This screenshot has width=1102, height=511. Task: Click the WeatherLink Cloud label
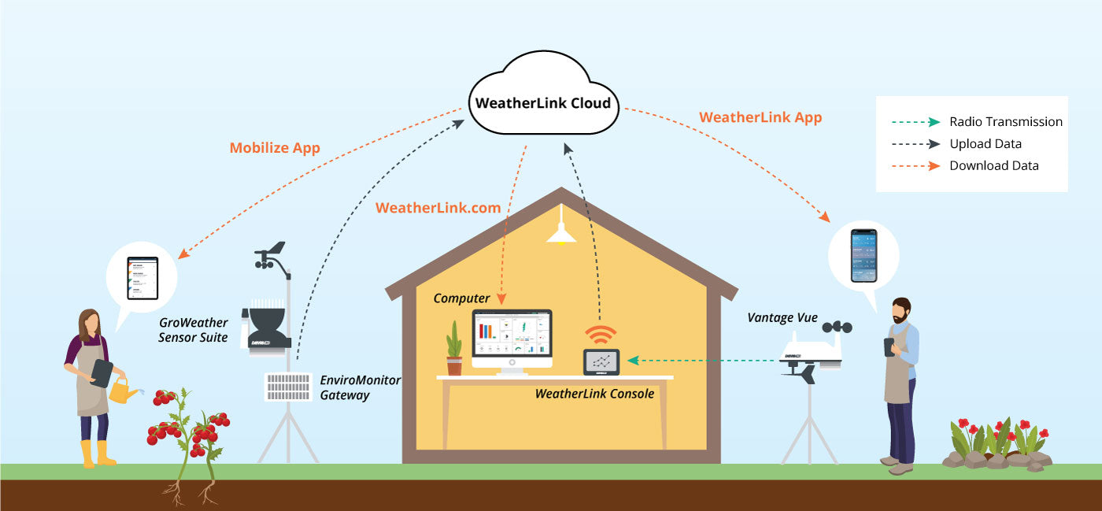(542, 103)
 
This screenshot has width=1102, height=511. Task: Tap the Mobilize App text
(275, 148)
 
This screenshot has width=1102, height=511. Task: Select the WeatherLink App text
(760, 118)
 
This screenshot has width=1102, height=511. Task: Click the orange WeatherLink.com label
(438, 208)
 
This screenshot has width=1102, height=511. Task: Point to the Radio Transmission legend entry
(1005, 122)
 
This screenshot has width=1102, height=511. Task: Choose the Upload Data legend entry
(985, 144)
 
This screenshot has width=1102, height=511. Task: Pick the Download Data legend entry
(993, 166)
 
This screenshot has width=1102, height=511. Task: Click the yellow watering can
(122, 390)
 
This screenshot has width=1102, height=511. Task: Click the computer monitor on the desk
(512, 339)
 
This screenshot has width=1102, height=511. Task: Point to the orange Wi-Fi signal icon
(601, 335)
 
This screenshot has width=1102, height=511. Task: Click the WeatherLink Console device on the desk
(601, 362)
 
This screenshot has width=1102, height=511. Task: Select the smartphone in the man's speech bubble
(863, 255)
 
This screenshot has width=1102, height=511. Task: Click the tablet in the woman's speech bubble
(142, 277)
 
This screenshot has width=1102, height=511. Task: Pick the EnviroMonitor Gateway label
(360, 387)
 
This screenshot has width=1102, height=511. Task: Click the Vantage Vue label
(782, 319)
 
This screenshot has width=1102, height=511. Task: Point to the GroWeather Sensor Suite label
(193, 330)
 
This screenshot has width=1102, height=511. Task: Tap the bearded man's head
(901, 312)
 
